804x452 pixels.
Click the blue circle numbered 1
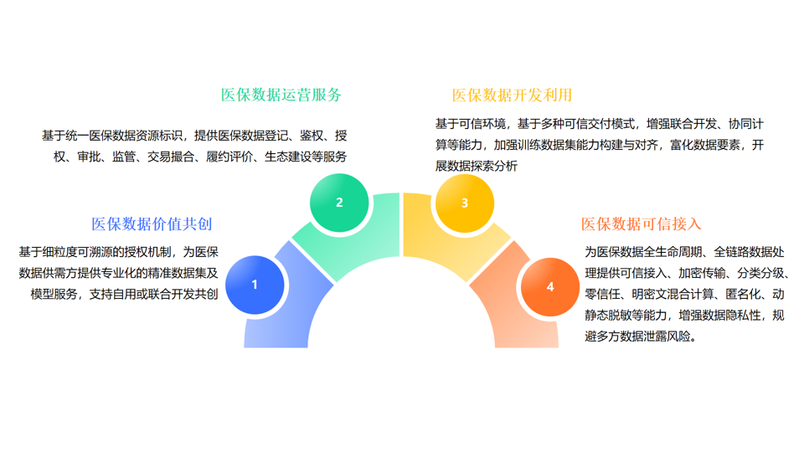pyautogui.click(x=255, y=285)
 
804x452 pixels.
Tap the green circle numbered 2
pyautogui.click(x=339, y=203)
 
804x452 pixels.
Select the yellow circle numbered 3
pyautogui.click(x=465, y=203)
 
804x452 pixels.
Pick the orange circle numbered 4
pyautogui.click(x=550, y=287)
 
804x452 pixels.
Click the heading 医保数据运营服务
pyautogui.click(x=281, y=95)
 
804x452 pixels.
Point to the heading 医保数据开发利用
pyautogui.click(x=512, y=95)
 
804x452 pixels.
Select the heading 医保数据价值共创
pyautogui.click(x=152, y=224)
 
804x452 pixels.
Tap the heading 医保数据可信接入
pyautogui.click(x=641, y=224)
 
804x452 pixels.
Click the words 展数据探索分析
pyautogui.click(x=477, y=166)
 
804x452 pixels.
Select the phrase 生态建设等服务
pyautogui.click(x=306, y=157)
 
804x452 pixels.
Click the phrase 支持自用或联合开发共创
pyautogui.click(x=154, y=294)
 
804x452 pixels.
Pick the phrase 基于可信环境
pyautogui.click(x=471, y=124)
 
